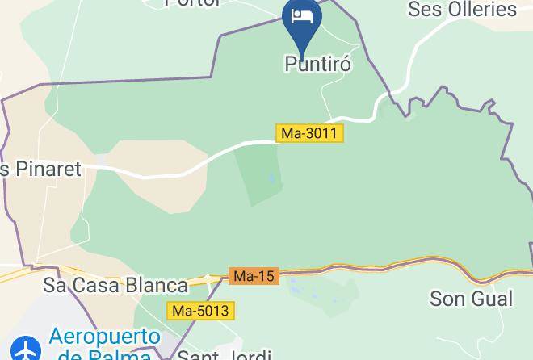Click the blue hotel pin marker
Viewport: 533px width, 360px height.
302,21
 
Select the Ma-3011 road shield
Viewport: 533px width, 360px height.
310,133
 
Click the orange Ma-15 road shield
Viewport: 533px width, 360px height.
254,276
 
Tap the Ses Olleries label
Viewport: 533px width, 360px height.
462,10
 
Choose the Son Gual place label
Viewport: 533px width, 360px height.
471,299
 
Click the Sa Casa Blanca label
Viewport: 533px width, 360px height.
115,285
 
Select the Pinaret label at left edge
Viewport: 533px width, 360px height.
42,170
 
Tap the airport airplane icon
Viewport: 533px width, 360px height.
27,350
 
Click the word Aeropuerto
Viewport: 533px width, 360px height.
104,337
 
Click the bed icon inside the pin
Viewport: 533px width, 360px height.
302,16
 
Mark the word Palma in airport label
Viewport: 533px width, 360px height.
121,354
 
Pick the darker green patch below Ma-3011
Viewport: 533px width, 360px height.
258,174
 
